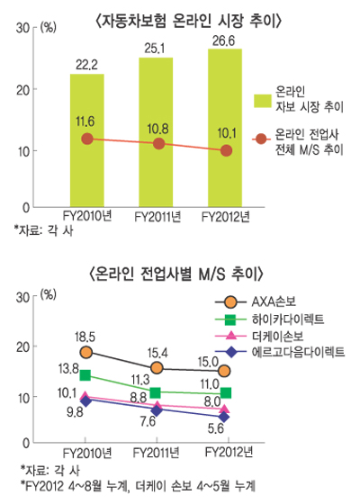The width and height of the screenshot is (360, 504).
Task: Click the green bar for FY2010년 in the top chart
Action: (x=86, y=139)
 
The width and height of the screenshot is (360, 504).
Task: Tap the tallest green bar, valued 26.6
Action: (x=224, y=127)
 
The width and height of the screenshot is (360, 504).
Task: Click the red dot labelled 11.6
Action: (x=86, y=139)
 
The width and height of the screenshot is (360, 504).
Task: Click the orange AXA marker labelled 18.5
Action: (x=86, y=352)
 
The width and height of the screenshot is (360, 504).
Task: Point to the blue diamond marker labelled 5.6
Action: (x=224, y=417)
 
